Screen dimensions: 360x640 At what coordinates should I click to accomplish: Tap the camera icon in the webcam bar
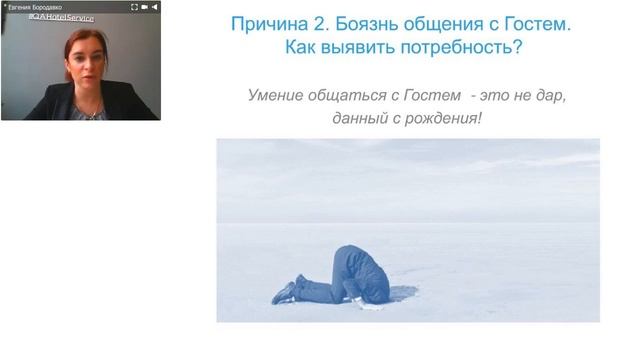coord(145,6)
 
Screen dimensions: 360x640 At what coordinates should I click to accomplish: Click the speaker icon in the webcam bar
coord(154,6)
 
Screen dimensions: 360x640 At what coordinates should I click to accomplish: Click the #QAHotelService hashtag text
coord(61,18)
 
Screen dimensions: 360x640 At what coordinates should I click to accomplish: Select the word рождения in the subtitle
coord(443,118)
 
